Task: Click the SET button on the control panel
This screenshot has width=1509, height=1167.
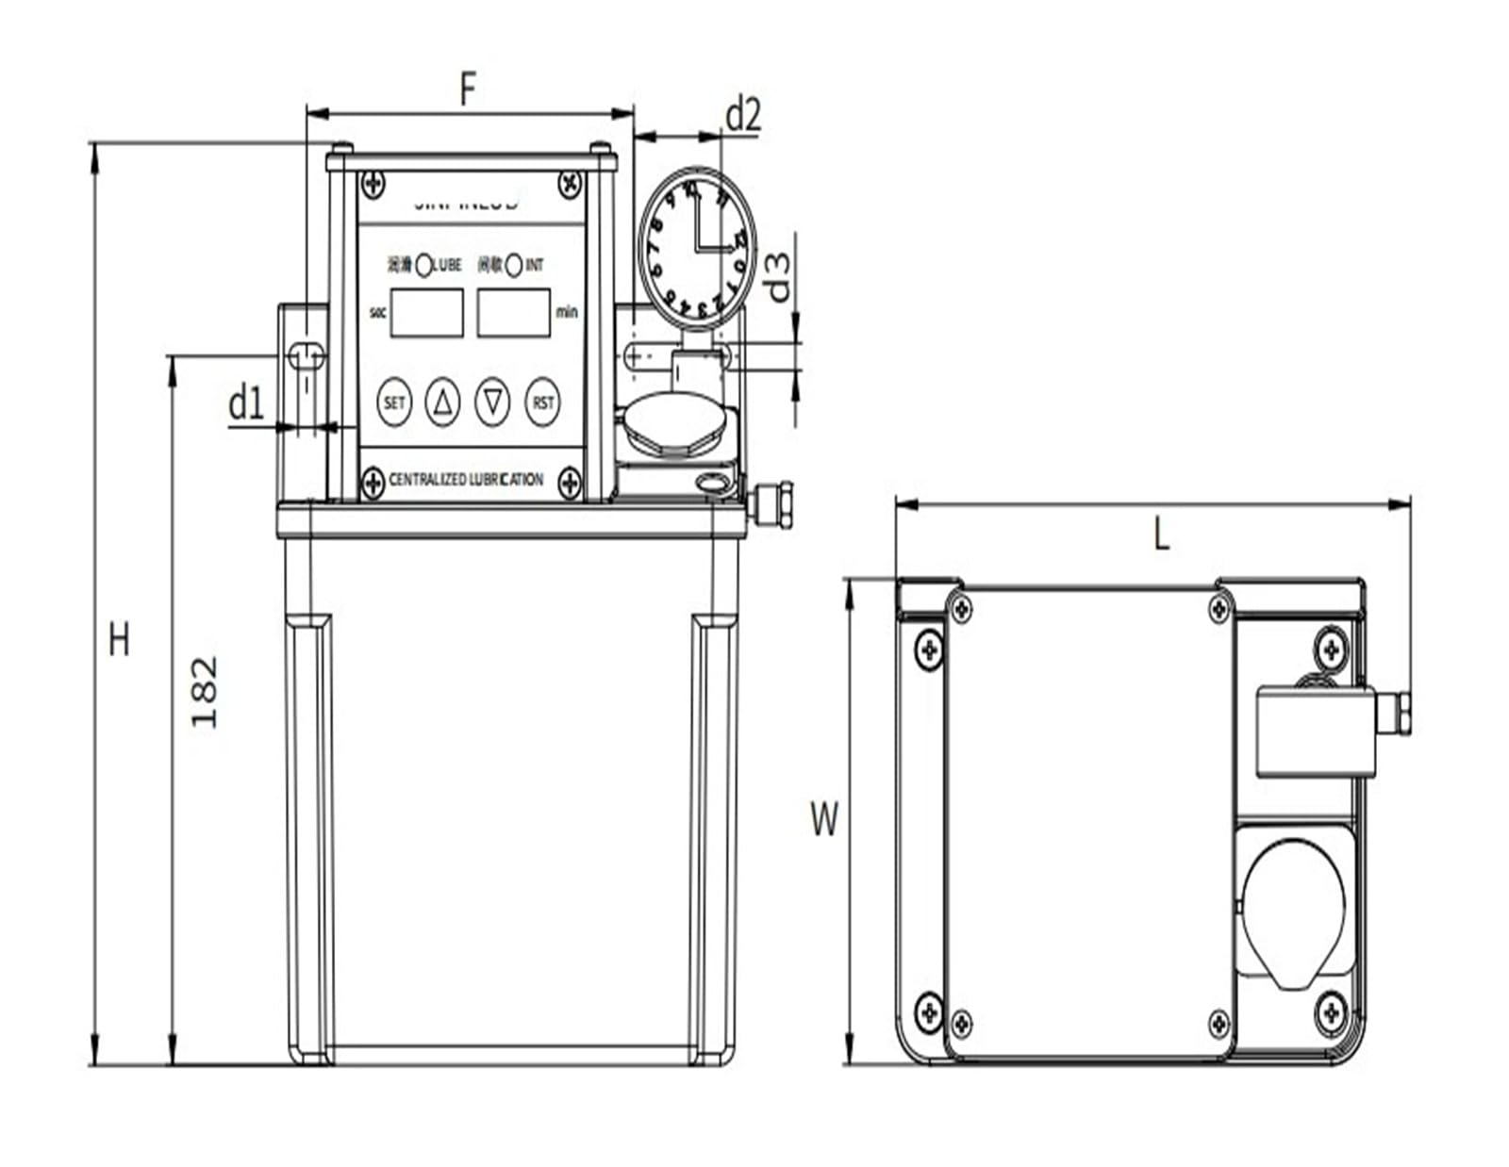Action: pos(393,403)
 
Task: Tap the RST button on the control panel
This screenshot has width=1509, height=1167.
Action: pos(543,403)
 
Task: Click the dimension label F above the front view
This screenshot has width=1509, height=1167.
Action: pos(468,90)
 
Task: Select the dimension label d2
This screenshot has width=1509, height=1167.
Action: pos(742,115)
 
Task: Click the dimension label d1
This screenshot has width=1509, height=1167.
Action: pos(246,403)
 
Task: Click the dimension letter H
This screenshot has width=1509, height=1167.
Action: pos(119,640)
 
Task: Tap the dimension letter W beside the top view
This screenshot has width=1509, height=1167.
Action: pos(823,818)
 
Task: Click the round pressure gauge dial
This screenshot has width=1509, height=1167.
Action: pos(697,249)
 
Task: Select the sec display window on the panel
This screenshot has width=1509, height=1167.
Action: pos(426,313)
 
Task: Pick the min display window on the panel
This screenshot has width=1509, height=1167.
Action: pos(513,313)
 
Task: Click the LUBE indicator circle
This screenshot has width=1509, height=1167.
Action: pos(423,266)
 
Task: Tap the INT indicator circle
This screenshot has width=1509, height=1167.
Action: pos(513,266)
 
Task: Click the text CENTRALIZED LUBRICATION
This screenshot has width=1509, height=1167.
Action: pos(466,480)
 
